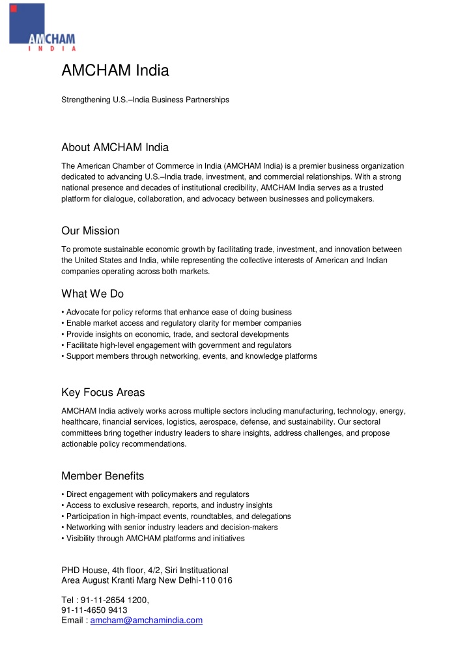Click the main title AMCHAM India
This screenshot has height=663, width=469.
(115, 70)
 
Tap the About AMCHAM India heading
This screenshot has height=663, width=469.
(115, 147)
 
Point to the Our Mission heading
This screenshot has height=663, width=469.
(90, 231)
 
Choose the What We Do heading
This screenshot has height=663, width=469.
(92, 294)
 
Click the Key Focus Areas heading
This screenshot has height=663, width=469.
(103, 392)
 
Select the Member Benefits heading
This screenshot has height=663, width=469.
(102, 476)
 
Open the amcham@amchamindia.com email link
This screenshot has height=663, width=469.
(147, 621)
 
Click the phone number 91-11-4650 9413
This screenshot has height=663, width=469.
(94, 610)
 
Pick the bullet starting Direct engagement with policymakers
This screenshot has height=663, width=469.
(156, 494)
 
